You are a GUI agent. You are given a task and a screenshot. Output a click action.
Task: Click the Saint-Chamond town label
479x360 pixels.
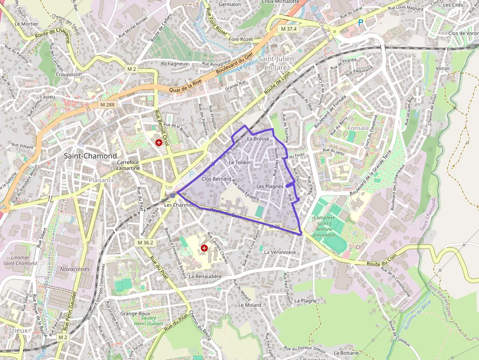coord(90,156)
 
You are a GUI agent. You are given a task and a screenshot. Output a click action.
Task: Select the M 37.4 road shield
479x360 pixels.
coord(289,29)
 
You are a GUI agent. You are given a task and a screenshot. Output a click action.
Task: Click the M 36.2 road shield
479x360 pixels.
coord(145,243)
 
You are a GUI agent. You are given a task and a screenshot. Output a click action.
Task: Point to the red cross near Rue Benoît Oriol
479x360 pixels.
coord(159,143)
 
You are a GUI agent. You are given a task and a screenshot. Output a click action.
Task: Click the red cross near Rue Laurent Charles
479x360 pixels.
coord(204,248)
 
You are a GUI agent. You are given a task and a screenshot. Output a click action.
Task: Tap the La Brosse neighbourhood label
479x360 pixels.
coord(258,139)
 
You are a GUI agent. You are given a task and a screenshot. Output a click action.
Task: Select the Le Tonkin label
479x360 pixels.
coord(239,163)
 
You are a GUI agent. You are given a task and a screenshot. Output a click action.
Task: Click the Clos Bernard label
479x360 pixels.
coord(216,179)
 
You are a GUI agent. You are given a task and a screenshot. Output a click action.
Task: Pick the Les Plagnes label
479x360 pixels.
coord(270,186)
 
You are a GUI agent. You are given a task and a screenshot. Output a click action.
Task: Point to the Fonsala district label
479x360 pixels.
coord(358,128)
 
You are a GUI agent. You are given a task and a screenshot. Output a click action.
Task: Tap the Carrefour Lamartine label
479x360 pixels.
coord(129,165)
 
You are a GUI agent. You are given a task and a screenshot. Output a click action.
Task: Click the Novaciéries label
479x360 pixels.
coord(74,269)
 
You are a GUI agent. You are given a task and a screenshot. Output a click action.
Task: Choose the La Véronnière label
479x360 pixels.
coord(280,253)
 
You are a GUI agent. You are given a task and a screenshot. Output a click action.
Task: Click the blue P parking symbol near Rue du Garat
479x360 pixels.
coord(361,22)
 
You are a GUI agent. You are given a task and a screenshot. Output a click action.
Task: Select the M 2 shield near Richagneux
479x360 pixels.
coord(131,69)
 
